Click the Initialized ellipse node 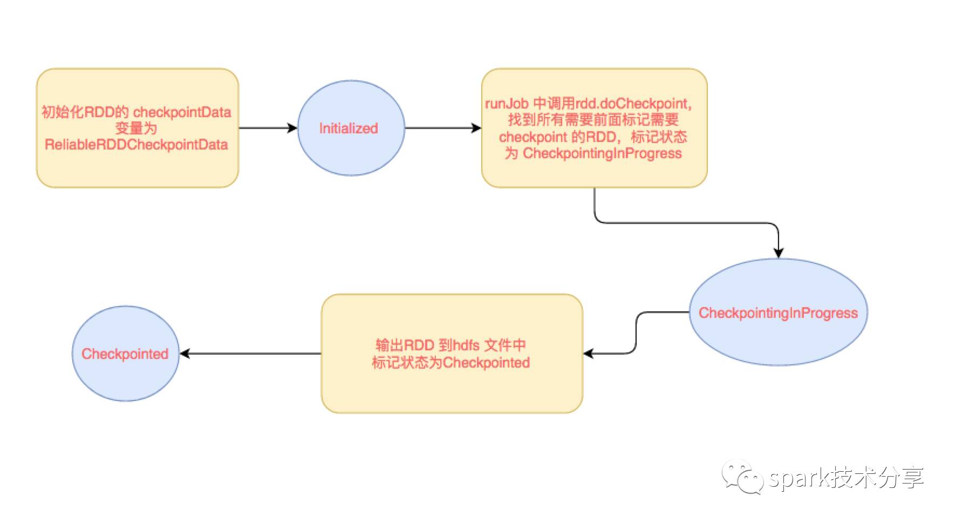pyautogui.click(x=351, y=128)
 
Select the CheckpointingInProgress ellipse pyautogui.click(x=778, y=313)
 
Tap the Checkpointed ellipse pyautogui.click(x=125, y=354)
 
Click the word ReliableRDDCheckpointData pyautogui.click(x=136, y=145)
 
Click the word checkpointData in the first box pyautogui.click(x=182, y=112)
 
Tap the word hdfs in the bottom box pyautogui.click(x=467, y=345)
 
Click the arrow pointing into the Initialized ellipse pyautogui.click(x=292, y=128)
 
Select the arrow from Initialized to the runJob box pyautogui.click(x=442, y=128)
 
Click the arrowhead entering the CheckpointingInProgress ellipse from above pyautogui.click(x=778, y=253)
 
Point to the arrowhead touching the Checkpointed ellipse pyautogui.click(x=185, y=354)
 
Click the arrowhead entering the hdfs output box pyautogui.click(x=589, y=354)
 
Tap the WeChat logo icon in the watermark pyautogui.click(x=743, y=476)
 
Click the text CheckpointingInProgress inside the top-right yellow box pyautogui.click(x=602, y=153)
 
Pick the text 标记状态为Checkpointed pyautogui.click(x=450, y=362)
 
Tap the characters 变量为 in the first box pyautogui.click(x=136, y=128)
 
